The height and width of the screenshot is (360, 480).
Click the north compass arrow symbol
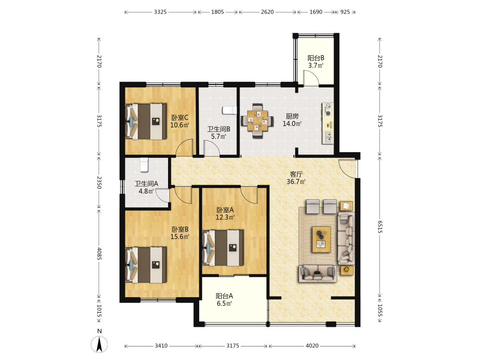tap(99, 344)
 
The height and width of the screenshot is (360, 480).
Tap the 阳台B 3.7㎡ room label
tap(316, 61)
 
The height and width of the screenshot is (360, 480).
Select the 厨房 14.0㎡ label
tap(292, 120)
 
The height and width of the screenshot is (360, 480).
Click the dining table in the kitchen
tap(257, 121)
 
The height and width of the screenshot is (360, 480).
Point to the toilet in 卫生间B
tap(229, 110)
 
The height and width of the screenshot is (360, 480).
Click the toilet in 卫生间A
tap(144, 165)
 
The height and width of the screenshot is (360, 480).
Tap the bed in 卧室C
tap(146, 121)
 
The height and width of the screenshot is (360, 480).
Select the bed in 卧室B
tap(146, 265)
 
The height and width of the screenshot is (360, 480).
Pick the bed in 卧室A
tap(223, 248)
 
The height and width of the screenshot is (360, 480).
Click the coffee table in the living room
tap(321, 240)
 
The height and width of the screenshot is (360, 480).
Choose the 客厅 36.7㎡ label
tap(296, 178)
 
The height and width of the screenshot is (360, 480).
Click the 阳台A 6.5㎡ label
tap(224, 300)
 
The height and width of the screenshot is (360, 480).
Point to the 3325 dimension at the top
tap(160, 12)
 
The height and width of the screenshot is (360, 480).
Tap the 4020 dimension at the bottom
tap(312, 346)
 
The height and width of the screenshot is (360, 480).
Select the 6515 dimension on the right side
tap(380, 227)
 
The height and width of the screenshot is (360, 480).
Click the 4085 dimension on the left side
tap(99, 253)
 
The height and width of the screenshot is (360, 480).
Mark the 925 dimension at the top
tap(345, 12)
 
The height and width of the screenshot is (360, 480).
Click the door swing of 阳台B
tap(312, 78)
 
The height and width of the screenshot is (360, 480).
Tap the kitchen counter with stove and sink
tap(327, 123)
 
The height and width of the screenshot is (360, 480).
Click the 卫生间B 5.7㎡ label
tap(218, 133)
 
